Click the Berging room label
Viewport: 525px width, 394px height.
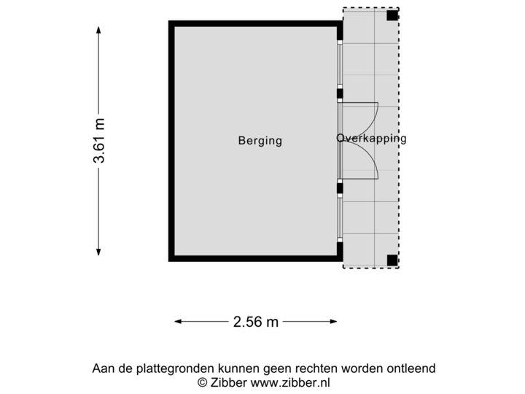point(260,141)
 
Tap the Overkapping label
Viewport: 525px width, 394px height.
point(371,138)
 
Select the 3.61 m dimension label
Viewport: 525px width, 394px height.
point(99,141)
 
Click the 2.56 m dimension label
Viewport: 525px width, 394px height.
point(255,321)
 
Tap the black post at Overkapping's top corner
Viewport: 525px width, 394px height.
point(392,14)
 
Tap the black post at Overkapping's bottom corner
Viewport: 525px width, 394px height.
point(392,259)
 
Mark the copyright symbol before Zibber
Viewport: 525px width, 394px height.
point(202,382)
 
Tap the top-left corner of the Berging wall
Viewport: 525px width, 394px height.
point(171,23)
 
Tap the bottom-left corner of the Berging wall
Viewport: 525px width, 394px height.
point(171,258)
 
